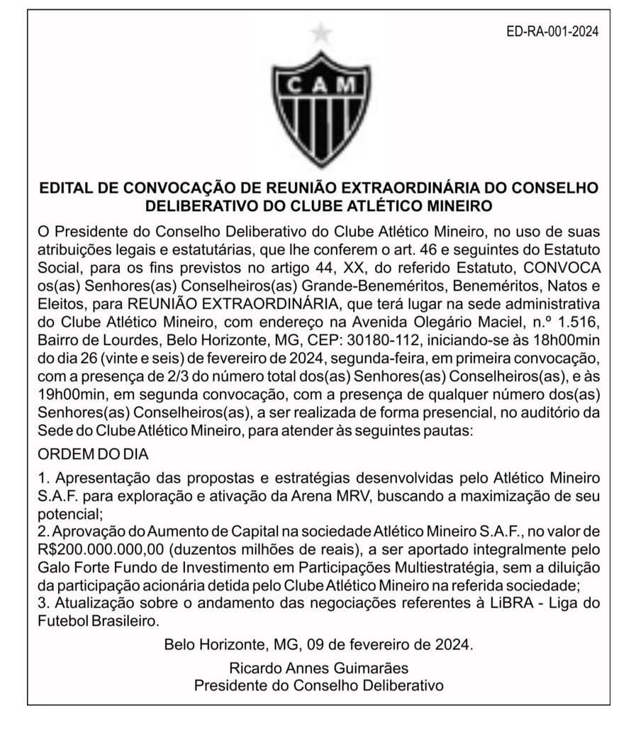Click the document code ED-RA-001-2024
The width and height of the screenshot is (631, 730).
[x=554, y=31]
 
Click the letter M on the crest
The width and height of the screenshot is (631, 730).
[x=347, y=84]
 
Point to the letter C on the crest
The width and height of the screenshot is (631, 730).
[x=295, y=84]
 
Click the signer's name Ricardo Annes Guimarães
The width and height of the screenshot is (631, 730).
[x=319, y=668]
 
